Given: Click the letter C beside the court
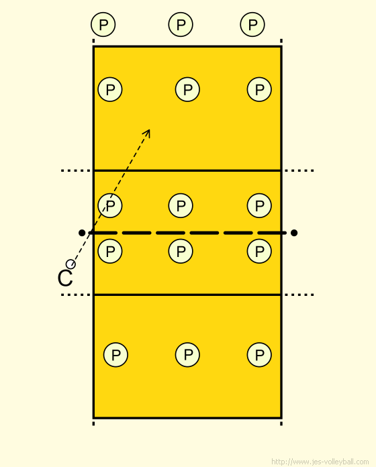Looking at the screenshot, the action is click(65, 278).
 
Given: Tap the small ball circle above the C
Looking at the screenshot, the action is click(70, 264).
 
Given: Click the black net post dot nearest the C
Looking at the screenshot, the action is click(82, 233).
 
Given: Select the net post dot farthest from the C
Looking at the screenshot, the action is click(294, 233).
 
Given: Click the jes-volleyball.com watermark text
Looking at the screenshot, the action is click(320, 462).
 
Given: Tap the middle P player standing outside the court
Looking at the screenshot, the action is click(181, 24).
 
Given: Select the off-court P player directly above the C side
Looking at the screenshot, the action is click(103, 24).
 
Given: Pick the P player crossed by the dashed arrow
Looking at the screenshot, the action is click(110, 205).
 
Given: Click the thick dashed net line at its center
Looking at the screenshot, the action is click(187, 233).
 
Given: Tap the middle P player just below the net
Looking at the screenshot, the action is click(181, 251).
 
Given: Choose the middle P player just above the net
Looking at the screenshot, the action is click(181, 205).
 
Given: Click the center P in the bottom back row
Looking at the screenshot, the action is click(187, 355).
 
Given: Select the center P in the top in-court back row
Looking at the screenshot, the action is click(187, 89).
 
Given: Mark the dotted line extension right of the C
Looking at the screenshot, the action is click(76, 295).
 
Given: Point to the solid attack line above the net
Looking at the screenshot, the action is click(187, 170).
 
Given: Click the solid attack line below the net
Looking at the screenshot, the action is click(187, 295).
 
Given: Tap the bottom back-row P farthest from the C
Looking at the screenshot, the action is click(259, 355).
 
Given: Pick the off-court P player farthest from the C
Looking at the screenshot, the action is click(252, 24).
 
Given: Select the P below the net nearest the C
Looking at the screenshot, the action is click(110, 251).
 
